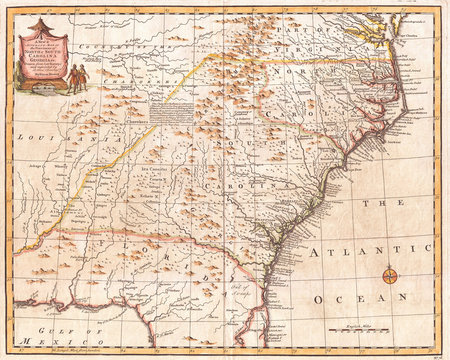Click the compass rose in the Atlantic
[392, 274]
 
